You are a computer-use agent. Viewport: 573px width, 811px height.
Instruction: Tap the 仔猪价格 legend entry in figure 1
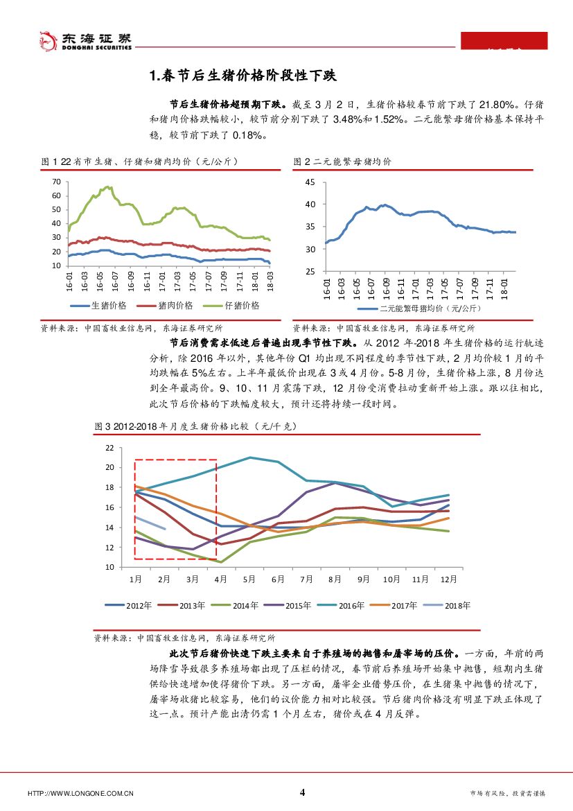coord(233,306)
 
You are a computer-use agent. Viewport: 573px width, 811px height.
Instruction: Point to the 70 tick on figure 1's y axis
coord(55,182)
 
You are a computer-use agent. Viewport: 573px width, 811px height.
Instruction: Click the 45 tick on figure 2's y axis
coord(310,182)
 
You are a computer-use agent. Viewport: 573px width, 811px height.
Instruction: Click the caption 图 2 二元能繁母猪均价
coord(342,162)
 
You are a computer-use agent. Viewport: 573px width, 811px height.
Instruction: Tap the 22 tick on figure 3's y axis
coord(108,448)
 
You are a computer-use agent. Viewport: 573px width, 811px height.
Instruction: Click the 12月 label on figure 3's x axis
coord(450,579)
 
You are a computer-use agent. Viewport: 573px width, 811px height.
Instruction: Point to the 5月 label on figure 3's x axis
coord(249,579)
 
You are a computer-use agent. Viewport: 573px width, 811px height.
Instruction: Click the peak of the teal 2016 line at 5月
coord(249,457)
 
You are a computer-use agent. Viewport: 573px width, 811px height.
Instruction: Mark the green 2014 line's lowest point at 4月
coord(221,562)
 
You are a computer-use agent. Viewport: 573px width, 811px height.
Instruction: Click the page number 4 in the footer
coord(302,792)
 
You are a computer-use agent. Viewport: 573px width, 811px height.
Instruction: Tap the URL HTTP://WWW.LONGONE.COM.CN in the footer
coord(80,794)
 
